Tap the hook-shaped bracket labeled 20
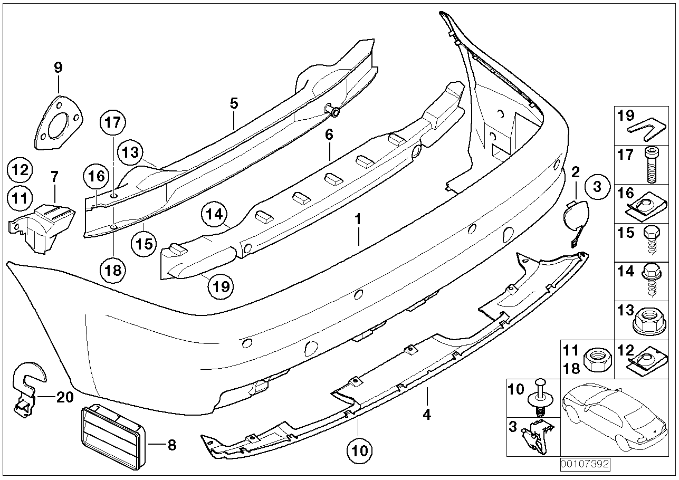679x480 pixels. pyautogui.click(x=26, y=388)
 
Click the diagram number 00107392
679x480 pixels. pyautogui.click(x=585, y=465)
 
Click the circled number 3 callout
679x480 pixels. pyautogui.click(x=597, y=187)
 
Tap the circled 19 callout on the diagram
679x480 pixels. pyautogui.click(x=221, y=286)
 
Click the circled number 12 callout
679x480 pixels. pyautogui.click(x=20, y=170)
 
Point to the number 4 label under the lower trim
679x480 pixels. pyautogui.click(x=427, y=415)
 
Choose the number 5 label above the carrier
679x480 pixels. pyautogui.click(x=234, y=103)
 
